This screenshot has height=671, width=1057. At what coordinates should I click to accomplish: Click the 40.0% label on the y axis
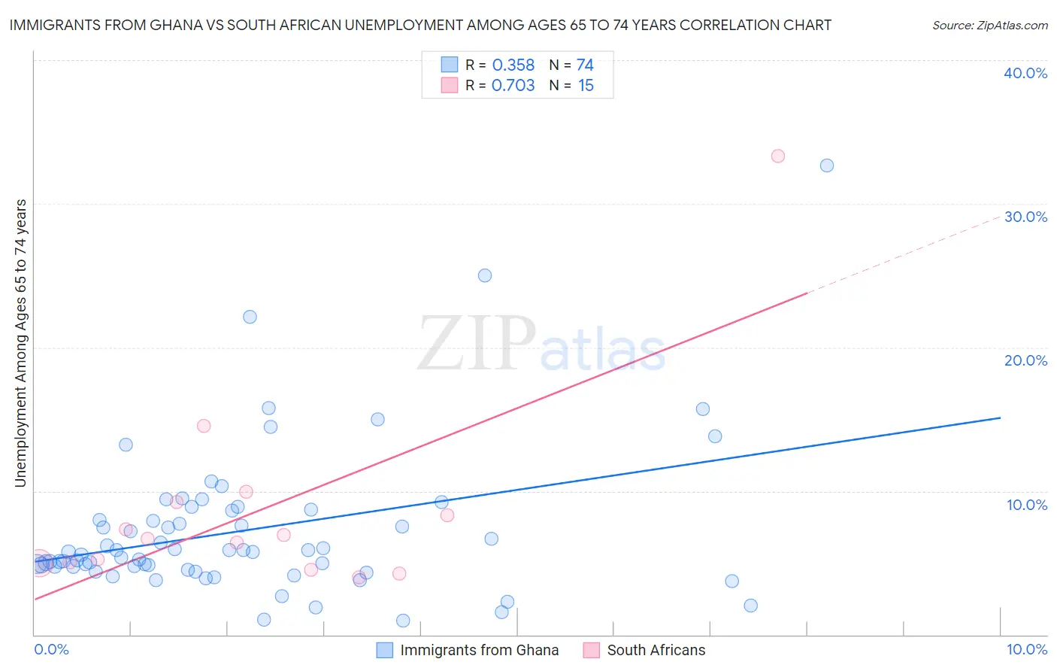click(1025, 73)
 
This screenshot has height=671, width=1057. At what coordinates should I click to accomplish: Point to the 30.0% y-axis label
click(1025, 217)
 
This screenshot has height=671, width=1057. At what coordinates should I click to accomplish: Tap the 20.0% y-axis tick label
click(1025, 360)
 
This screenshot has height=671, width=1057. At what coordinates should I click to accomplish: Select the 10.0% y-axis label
click(1027, 505)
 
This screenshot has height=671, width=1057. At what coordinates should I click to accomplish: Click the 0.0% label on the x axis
click(51, 649)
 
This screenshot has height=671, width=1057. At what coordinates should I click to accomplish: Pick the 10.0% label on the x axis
click(1027, 649)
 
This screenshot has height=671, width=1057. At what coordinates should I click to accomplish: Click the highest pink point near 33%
click(778, 156)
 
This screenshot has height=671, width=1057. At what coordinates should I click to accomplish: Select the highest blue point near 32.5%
click(827, 165)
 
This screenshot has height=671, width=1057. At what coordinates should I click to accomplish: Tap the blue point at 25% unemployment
click(485, 275)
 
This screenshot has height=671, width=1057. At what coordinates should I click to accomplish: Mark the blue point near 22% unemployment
click(250, 317)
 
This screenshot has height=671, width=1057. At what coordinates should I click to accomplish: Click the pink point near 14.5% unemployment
click(204, 426)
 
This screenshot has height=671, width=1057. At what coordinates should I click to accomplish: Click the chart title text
click(420, 25)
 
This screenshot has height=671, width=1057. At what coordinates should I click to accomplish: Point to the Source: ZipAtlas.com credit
click(989, 26)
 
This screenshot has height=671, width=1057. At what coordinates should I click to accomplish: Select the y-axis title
click(21, 343)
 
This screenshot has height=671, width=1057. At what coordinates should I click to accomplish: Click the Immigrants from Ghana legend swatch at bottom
click(385, 650)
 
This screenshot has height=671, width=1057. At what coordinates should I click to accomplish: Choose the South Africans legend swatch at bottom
click(592, 650)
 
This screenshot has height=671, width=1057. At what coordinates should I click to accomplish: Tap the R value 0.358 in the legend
click(513, 65)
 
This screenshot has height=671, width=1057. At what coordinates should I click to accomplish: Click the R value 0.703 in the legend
click(513, 86)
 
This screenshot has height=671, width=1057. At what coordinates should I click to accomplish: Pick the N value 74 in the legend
click(585, 65)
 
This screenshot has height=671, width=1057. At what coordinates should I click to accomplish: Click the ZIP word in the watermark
click(477, 345)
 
